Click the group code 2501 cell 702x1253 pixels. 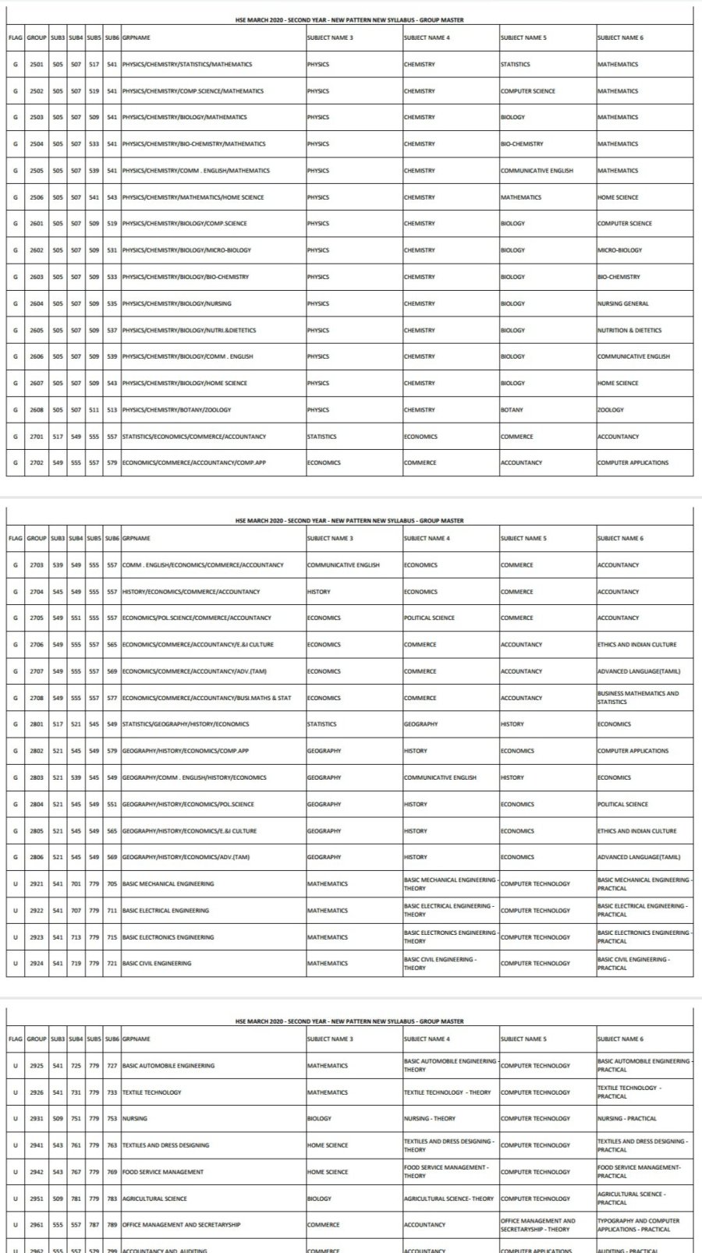[x=37, y=65]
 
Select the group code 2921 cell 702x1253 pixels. [x=37, y=884]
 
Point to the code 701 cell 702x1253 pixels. [x=76, y=884]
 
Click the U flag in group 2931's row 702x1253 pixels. [x=16, y=1119]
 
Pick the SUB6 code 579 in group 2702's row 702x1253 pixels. [x=112, y=463]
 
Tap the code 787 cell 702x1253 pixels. [x=94, y=1225]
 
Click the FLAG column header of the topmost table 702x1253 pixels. [x=16, y=37]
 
